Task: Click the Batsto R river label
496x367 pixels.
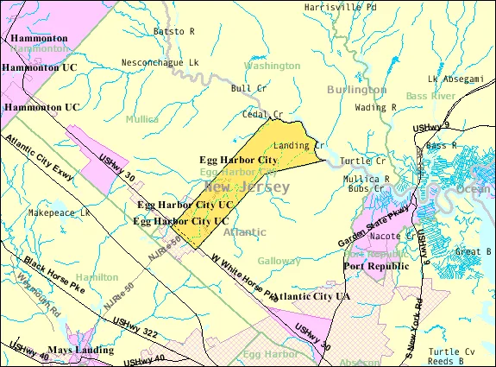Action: coord(174,31)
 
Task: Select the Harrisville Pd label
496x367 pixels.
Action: coord(340,7)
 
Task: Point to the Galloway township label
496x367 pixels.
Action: coord(279,260)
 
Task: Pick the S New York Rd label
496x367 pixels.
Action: coord(412,326)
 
